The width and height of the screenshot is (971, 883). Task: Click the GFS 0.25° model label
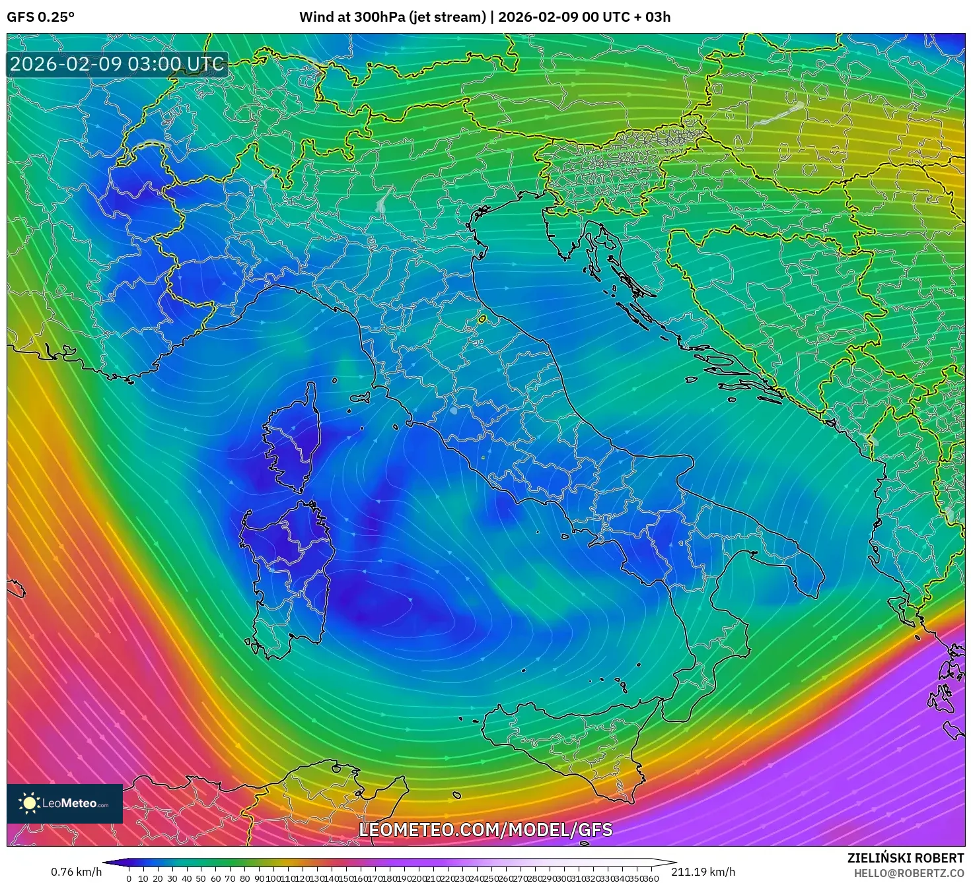point(40,17)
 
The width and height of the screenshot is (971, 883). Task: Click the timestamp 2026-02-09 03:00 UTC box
point(117,64)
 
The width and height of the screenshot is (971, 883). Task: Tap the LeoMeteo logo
point(65,803)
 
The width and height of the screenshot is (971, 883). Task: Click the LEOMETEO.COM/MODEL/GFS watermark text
point(485,830)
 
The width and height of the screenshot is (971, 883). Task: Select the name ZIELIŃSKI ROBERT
point(905,858)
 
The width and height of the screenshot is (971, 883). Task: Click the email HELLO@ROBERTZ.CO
point(908,873)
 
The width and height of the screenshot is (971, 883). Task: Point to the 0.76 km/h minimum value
point(76,872)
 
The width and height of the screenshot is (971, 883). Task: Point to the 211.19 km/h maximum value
point(703,872)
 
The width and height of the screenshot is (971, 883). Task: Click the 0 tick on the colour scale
point(129,878)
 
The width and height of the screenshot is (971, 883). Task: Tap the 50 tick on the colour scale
point(201,878)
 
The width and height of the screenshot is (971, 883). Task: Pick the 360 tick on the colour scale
point(651,878)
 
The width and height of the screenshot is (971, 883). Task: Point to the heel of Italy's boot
point(803,571)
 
